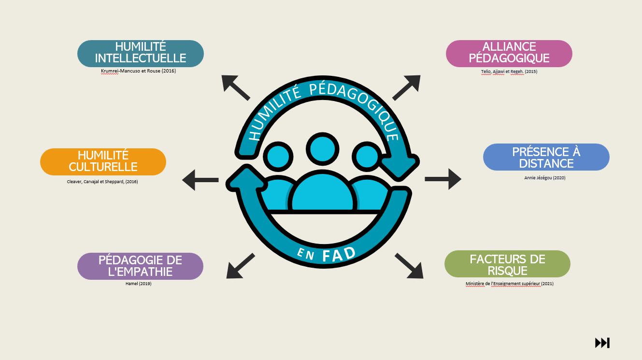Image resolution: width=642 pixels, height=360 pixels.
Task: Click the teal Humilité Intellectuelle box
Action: [140, 53]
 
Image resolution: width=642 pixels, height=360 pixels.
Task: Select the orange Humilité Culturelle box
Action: [103, 161]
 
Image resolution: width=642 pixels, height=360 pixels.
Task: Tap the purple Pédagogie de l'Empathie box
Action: [140, 266]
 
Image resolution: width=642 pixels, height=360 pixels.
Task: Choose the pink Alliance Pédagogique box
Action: [509, 53]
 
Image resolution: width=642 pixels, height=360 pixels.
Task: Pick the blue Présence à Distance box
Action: [546, 157]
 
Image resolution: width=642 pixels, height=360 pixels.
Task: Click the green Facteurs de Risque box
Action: [507, 264]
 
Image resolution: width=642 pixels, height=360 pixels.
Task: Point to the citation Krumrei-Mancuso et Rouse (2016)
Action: [138, 72]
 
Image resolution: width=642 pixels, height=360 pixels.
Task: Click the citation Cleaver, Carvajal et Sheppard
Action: [102, 182]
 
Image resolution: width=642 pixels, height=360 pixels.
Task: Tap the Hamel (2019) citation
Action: [139, 284]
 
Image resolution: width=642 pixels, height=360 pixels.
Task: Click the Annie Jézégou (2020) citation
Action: [544, 178]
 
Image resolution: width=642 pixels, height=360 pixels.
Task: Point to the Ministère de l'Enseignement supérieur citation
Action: [509, 284]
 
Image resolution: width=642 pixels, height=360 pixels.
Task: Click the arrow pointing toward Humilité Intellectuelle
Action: [235, 87]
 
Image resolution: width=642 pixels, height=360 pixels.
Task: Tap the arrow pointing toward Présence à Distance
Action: [443, 179]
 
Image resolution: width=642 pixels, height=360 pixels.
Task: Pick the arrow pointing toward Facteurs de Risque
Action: [409, 266]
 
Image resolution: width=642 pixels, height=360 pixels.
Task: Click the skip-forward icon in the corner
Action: [602, 343]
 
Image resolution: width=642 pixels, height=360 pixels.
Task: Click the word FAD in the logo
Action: [339, 254]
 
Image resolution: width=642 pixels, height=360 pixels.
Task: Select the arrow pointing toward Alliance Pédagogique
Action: [407, 87]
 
